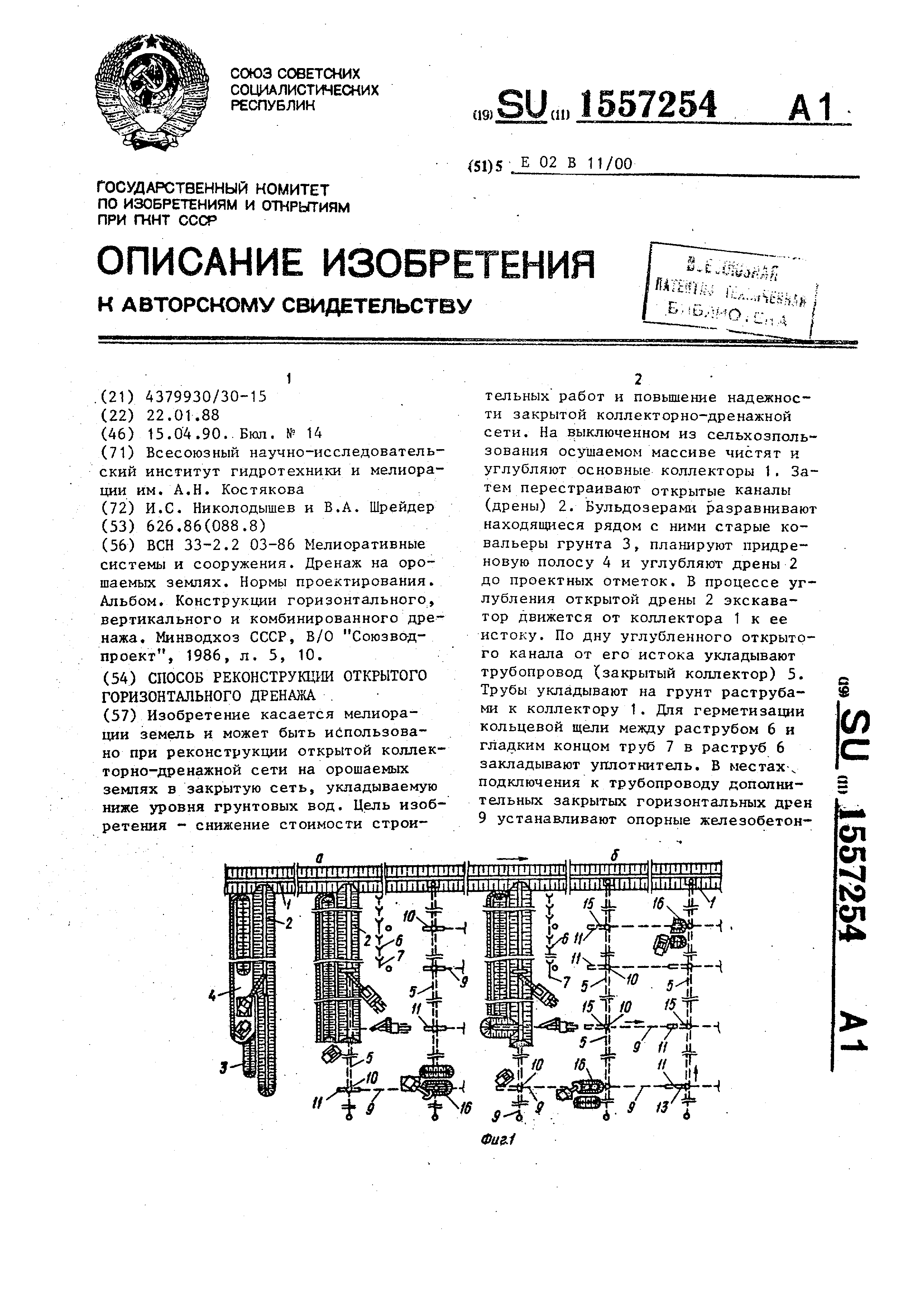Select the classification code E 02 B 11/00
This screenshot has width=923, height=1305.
pos(575,164)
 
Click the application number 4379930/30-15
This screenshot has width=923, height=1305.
pos(206,397)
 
